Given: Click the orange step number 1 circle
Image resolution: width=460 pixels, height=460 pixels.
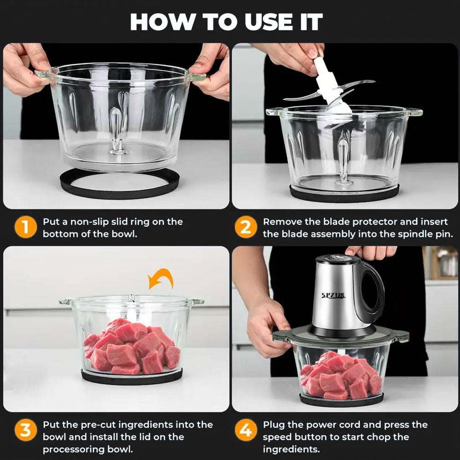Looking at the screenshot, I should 25,228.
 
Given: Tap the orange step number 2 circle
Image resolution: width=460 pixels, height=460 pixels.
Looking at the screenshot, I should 246,228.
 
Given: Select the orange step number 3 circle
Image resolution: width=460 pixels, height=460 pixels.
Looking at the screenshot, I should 25,431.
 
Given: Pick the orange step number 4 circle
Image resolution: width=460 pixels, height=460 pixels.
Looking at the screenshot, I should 246,431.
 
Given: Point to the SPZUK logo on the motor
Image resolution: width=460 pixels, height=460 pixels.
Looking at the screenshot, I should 333,295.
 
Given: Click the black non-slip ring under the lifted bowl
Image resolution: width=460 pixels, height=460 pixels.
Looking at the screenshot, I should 120,184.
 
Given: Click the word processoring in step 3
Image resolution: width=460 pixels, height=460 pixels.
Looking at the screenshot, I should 76,449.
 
